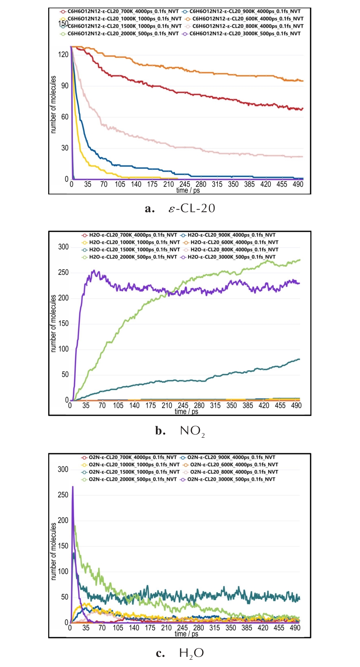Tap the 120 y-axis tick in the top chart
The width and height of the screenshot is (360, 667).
point(63,54)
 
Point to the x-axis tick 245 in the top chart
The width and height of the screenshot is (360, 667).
point(185,184)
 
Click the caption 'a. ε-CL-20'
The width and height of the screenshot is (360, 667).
point(180,209)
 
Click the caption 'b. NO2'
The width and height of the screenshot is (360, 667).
point(180,431)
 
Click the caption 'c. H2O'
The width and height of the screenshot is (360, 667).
point(180,653)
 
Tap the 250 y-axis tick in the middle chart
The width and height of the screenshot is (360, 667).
point(63,272)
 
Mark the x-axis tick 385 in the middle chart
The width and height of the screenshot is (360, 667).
point(248,405)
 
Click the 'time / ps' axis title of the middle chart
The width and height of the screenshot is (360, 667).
point(186,411)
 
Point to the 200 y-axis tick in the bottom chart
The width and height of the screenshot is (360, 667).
point(63,520)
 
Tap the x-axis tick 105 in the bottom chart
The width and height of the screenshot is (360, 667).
point(118,628)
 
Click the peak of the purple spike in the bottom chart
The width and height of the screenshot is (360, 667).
point(73,487)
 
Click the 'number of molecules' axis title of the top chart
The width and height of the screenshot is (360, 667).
point(53,104)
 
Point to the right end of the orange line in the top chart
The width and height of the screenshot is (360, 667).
point(303,81)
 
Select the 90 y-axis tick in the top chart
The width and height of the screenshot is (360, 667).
point(65,86)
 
